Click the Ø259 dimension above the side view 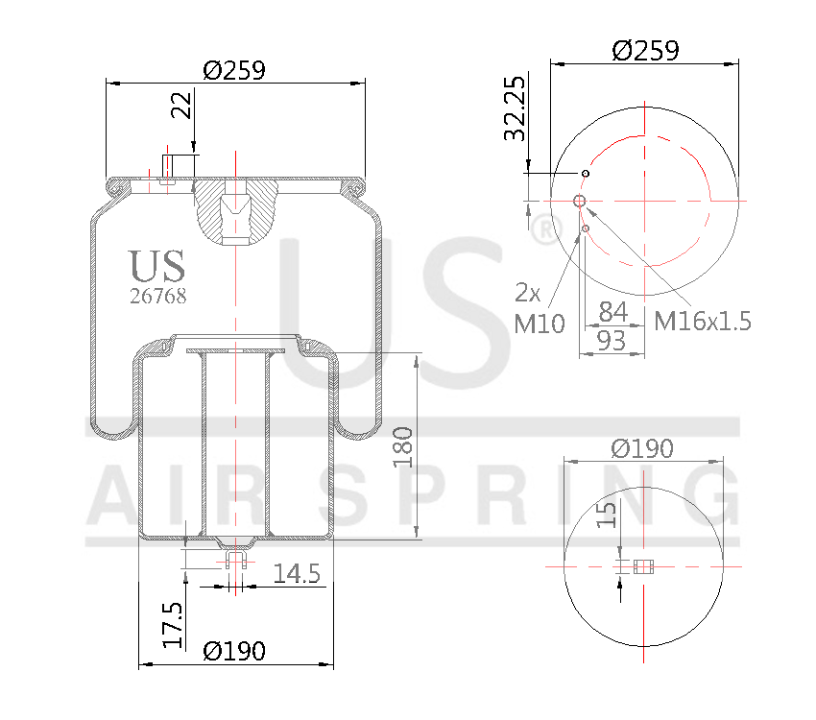[x=234, y=70]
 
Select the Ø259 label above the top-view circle [x=645, y=50]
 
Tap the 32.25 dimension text [x=516, y=108]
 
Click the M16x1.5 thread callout [x=702, y=321]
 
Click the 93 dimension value [x=613, y=339]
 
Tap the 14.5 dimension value [x=297, y=574]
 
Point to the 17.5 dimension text [x=173, y=625]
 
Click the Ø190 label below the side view [x=234, y=650]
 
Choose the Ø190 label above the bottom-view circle [x=643, y=447]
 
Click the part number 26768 [x=157, y=297]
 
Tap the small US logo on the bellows [x=157, y=266]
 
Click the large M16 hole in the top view [x=580, y=200]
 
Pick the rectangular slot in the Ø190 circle [x=643, y=566]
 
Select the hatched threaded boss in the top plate [x=235, y=208]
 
